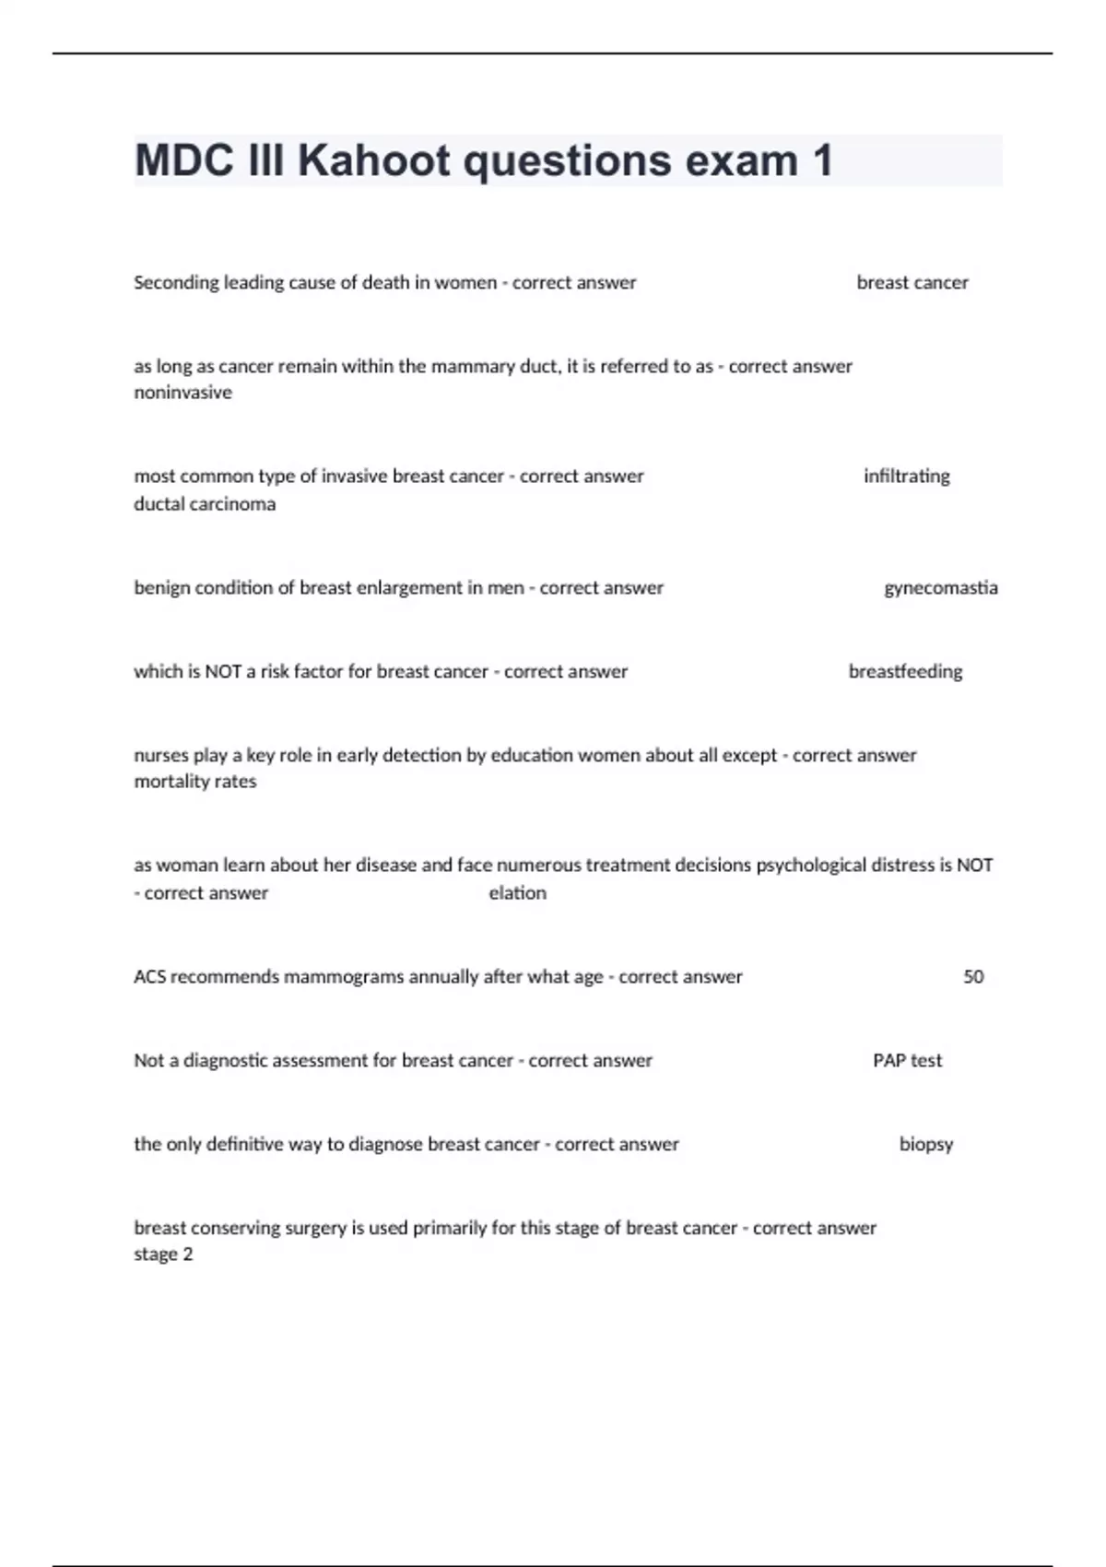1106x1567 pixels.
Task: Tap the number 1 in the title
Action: point(822,160)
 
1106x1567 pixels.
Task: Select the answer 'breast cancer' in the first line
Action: point(912,283)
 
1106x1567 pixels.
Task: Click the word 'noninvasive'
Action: point(182,393)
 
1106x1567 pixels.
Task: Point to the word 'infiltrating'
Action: point(906,477)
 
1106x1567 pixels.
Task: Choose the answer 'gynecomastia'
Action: point(940,588)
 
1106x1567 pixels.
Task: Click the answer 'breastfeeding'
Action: point(905,672)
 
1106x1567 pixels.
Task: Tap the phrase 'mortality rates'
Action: point(194,782)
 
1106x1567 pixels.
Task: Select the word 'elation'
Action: point(517,893)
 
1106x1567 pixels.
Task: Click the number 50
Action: point(973,977)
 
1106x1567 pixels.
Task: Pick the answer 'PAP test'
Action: point(907,1061)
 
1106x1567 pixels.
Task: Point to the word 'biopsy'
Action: point(925,1145)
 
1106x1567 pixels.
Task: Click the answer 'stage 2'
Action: point(163,1255)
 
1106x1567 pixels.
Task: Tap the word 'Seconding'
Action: point(176,283)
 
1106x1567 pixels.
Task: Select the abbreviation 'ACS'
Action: point(149,977)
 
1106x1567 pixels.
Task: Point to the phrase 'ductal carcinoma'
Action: point(205,504)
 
